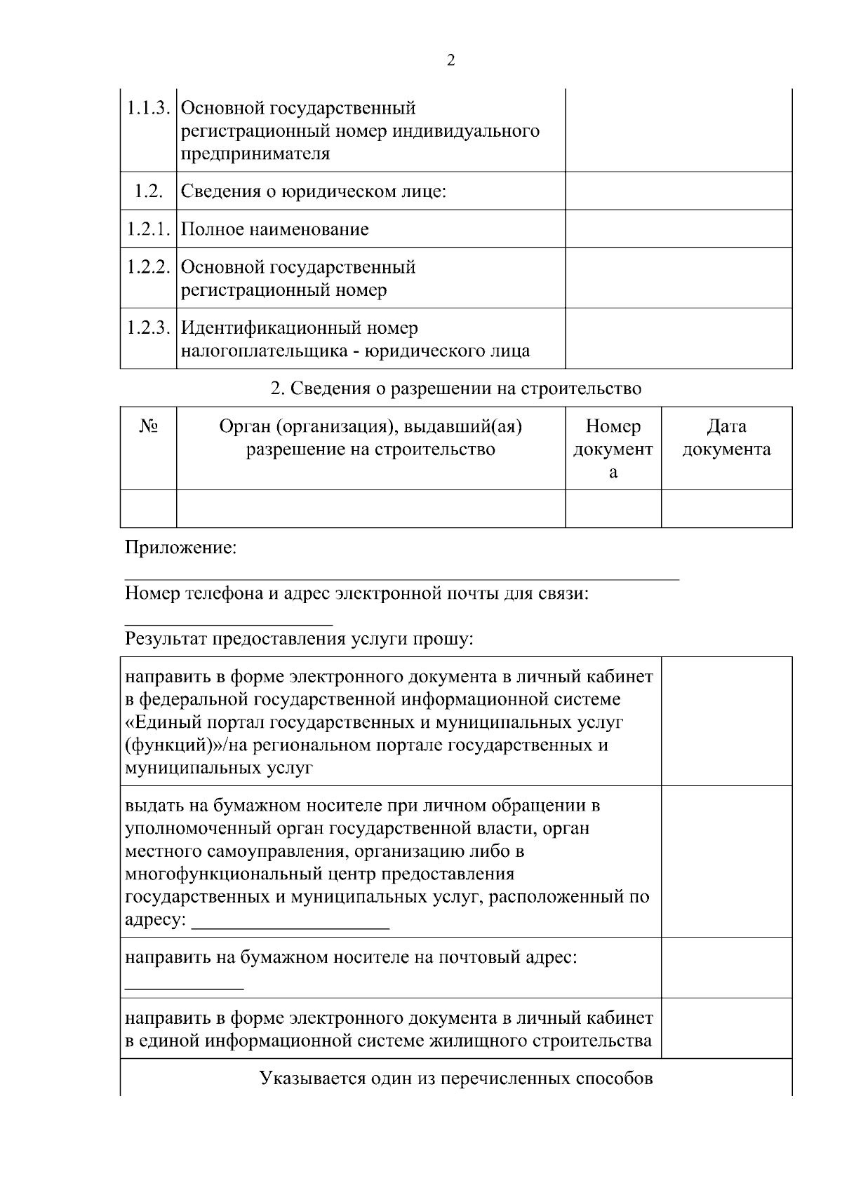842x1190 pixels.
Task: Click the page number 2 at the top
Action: point(450,60)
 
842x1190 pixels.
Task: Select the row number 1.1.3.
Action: point(148,109)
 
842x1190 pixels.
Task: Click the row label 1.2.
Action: point(148,191)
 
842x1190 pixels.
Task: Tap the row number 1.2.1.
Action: point(148,229)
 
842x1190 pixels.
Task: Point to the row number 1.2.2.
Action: point(148,267)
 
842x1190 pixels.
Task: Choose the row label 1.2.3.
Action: point(148,328)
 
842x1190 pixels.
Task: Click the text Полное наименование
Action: point(274,229)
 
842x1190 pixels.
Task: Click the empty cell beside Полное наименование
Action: point(679,229)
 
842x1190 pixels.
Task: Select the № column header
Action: point(148,426)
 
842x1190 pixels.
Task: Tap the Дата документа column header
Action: point(726,438)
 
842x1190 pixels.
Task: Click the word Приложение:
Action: point(180,548)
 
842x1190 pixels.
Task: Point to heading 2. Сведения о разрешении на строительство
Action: point(456,388)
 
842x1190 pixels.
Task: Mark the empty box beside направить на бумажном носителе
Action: point(726,968)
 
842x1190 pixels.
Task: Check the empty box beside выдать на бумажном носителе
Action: point(726,861)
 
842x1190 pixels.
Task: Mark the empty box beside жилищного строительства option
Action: point(726,1028)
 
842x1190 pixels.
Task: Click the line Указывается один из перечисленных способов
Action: point(456,1078)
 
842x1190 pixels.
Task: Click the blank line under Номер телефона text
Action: point(228,623)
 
